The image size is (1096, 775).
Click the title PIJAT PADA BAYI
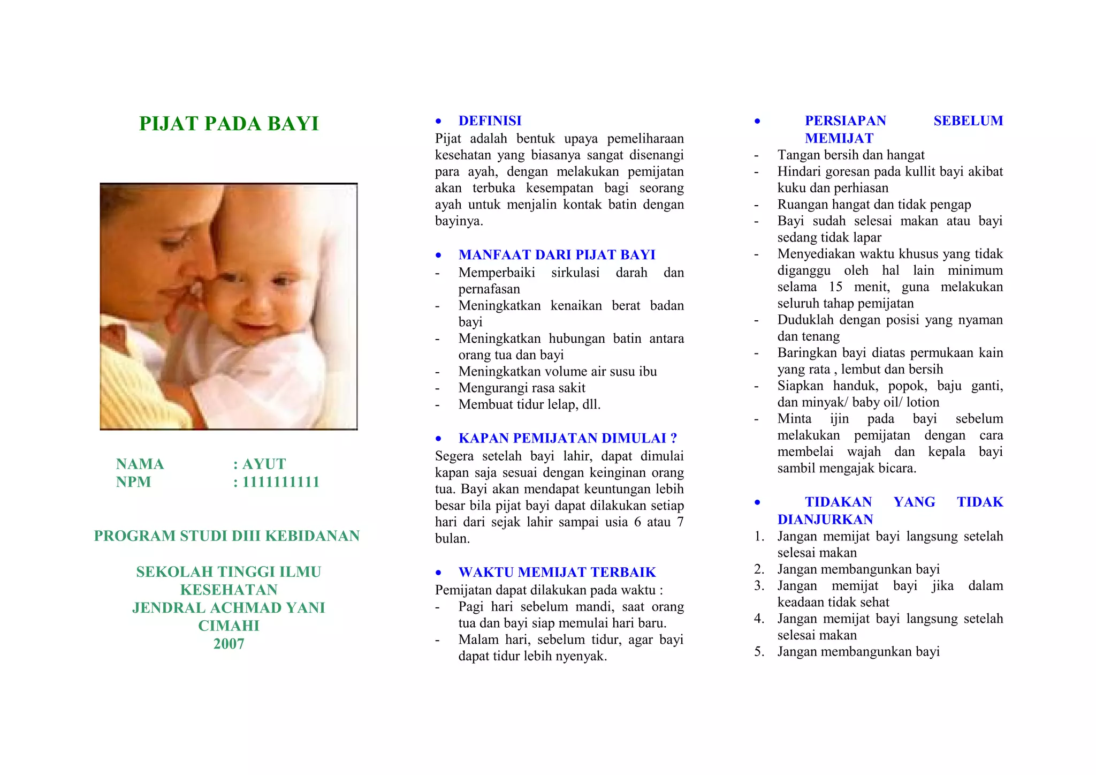pyautogui.click(x=229, y=124)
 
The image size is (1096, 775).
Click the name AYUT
pyautogui.click(x=264, y=464)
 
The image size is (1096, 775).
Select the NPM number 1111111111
pyautogui.click(x=280, y=482)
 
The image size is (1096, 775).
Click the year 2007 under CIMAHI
pyautogui.click(x=229, y=644)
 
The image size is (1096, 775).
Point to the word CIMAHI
pyautogui.click(x=229, y=626)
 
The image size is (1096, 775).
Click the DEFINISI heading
pyautogui.click(x=490, y=121)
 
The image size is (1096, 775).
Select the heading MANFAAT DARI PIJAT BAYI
pyautogui.click(x=557, y=255)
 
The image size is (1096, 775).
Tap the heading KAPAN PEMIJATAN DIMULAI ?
pyautogui.click(x=567, y=438)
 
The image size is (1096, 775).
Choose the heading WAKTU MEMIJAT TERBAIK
pyautogui.click(x=557, y=572)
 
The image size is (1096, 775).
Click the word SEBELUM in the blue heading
pyautogui.click(x=968, y=121)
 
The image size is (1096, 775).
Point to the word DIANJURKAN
pyautogui.click(x=825, y=520)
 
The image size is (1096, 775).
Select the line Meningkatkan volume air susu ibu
pyautogui.click(x=557, y=371)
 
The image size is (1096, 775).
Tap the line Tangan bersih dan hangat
pyautogui.click(x=850, y=155)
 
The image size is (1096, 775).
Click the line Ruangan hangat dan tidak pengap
pyautogui.click(x=874, y=205)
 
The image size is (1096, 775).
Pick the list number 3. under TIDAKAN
pyautogui.click(x=759, y=585)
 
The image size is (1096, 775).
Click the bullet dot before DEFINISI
pyautogui.click(x=438, y=121)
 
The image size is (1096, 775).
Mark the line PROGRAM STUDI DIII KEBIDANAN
pyautogui.click(x=227, y=536)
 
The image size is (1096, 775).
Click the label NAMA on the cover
pyautogui.click(x=140, y=464)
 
